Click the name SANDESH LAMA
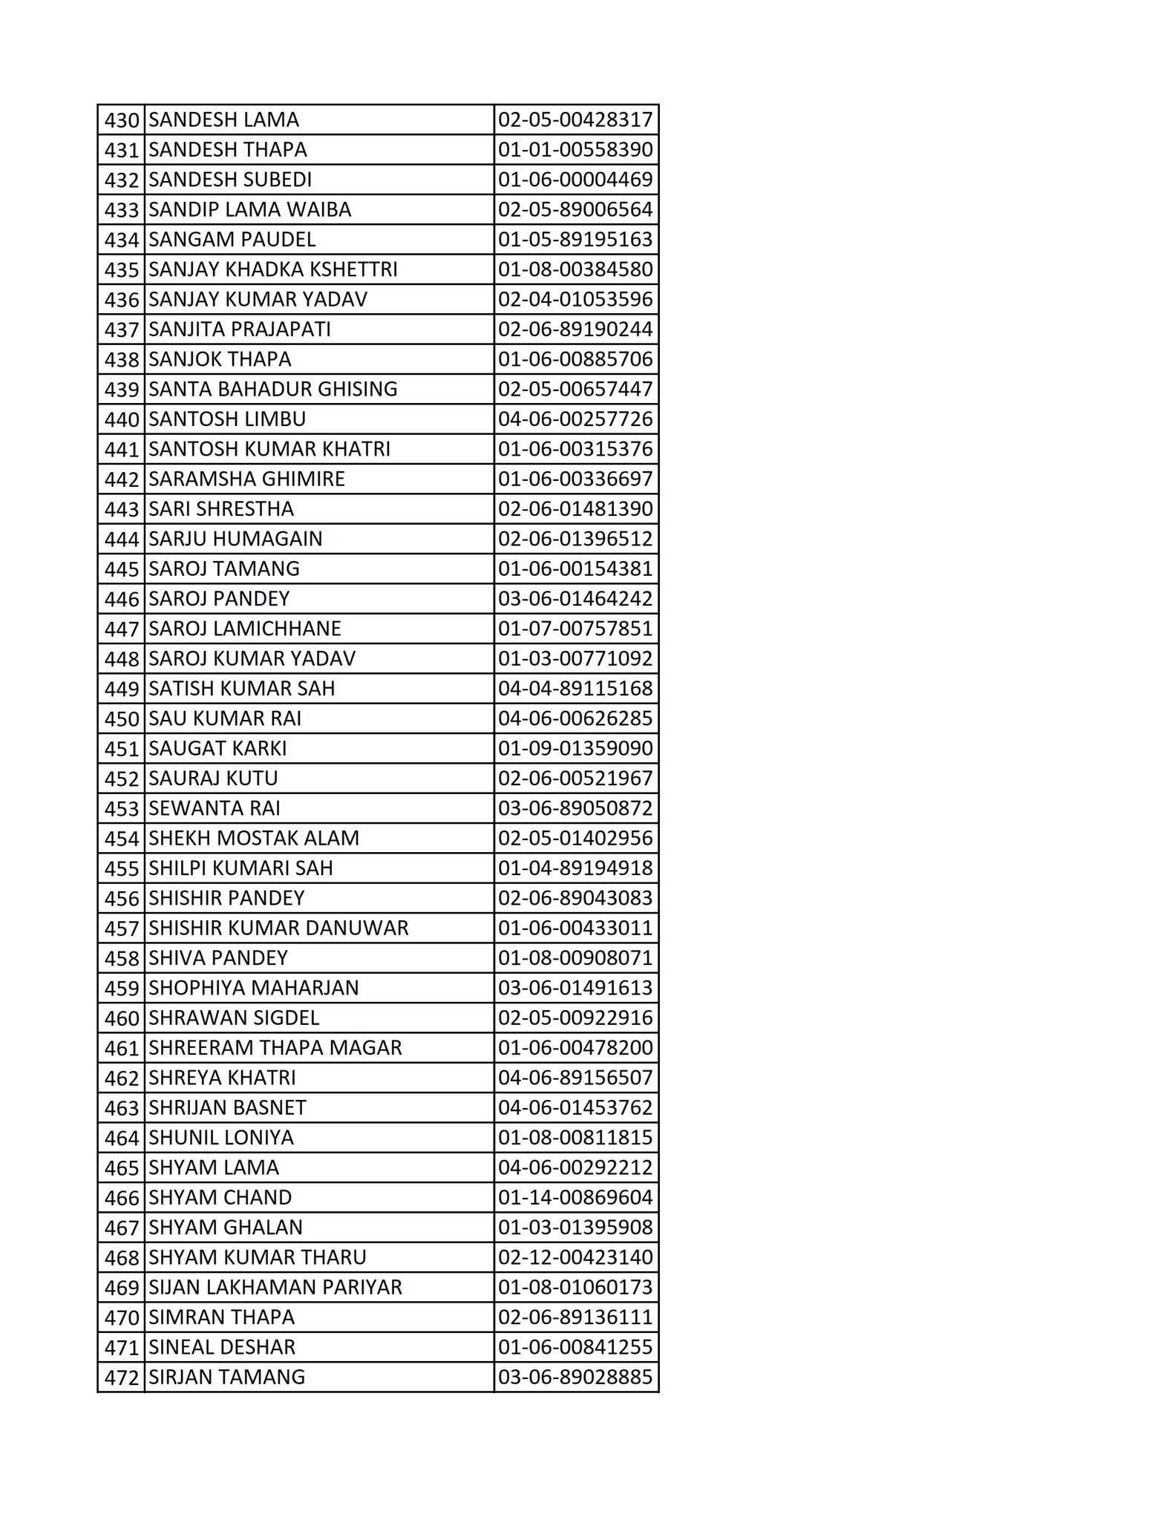223,120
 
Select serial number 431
122,150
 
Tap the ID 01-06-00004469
575,180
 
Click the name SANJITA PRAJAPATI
240,330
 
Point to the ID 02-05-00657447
575,390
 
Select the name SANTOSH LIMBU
227,419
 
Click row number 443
122,509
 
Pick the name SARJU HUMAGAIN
235,539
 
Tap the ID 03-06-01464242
575,599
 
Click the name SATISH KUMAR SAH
242,689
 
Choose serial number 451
122,749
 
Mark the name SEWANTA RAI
215,808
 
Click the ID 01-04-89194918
575,868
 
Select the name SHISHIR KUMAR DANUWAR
278,928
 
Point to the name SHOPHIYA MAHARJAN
254,988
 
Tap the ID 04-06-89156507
575,1078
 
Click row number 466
122,1198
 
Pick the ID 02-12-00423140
575,1257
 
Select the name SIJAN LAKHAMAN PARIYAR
275,1287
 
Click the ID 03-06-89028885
575,1377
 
